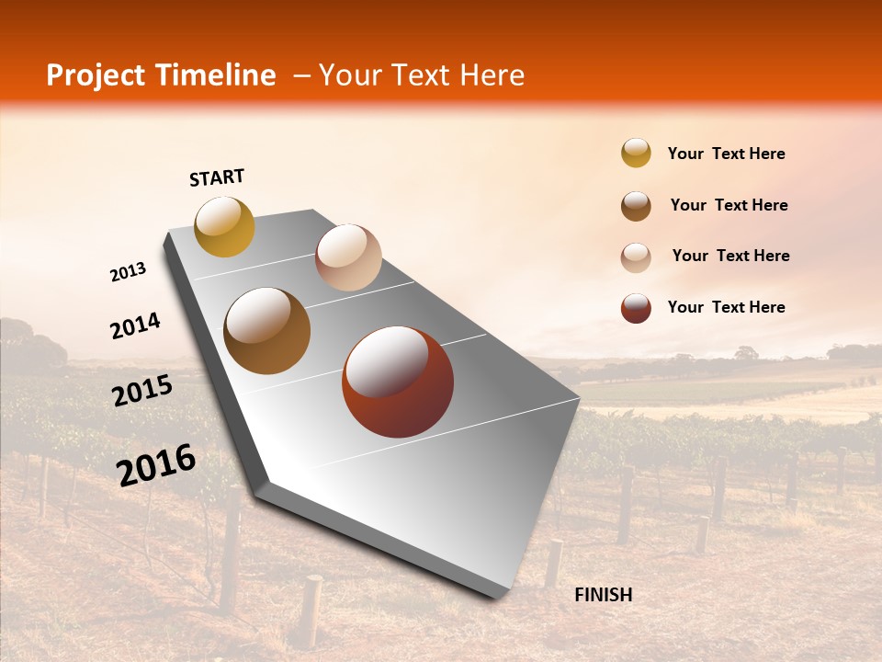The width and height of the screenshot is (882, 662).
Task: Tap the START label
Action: click(x=217, y=177)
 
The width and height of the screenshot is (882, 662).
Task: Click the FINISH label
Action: click(x=603, y=595)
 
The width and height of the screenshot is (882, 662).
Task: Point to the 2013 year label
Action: click(x=129, y=272)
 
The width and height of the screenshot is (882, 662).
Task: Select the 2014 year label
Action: click(x=135, y=325)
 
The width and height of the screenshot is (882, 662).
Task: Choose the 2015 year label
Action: click(x=142, y=391)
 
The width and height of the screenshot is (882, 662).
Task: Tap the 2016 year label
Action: click(x=156, y=463)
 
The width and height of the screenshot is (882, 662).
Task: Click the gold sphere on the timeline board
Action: click(x=224, y=226)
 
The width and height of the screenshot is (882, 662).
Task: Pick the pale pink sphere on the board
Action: click(x=348, y=257)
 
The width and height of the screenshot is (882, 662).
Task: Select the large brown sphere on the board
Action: click(x=267, y=331)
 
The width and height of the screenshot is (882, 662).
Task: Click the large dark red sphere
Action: click(x=398, y=382)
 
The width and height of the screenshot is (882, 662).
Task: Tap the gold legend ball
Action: click(x=636, y=153)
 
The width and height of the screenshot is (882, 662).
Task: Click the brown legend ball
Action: click(x=636, y=206)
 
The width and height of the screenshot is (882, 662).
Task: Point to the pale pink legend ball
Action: click(x=636, y=257)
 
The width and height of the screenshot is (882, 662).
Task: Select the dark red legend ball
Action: click(x=636, y=308)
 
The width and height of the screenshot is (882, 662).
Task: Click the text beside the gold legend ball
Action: click(x=726, y=154)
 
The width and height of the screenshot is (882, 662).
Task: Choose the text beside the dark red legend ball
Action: click(x=726, y=307)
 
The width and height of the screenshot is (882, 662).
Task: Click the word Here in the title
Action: click(x=492, y=75)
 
